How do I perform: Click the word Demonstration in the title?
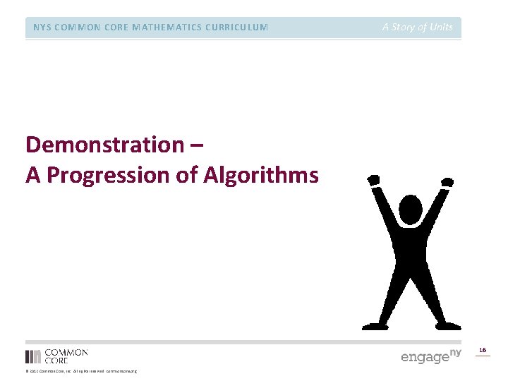(104, 145)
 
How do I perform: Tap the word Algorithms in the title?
(260, 175)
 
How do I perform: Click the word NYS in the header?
(42, 28)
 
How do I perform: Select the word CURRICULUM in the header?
(236, 28)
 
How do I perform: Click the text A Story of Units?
(418, 28)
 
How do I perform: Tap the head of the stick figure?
(410, 210)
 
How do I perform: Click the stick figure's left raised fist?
(373, 181)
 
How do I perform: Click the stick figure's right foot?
(448, 326)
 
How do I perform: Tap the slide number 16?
(483, 350)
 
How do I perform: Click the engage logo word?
(425, 357)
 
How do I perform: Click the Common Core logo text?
(66, 356)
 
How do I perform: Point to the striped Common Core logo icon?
(33, 356)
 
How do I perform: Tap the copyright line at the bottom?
(81, 371)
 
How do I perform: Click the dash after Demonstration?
(197, 146)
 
